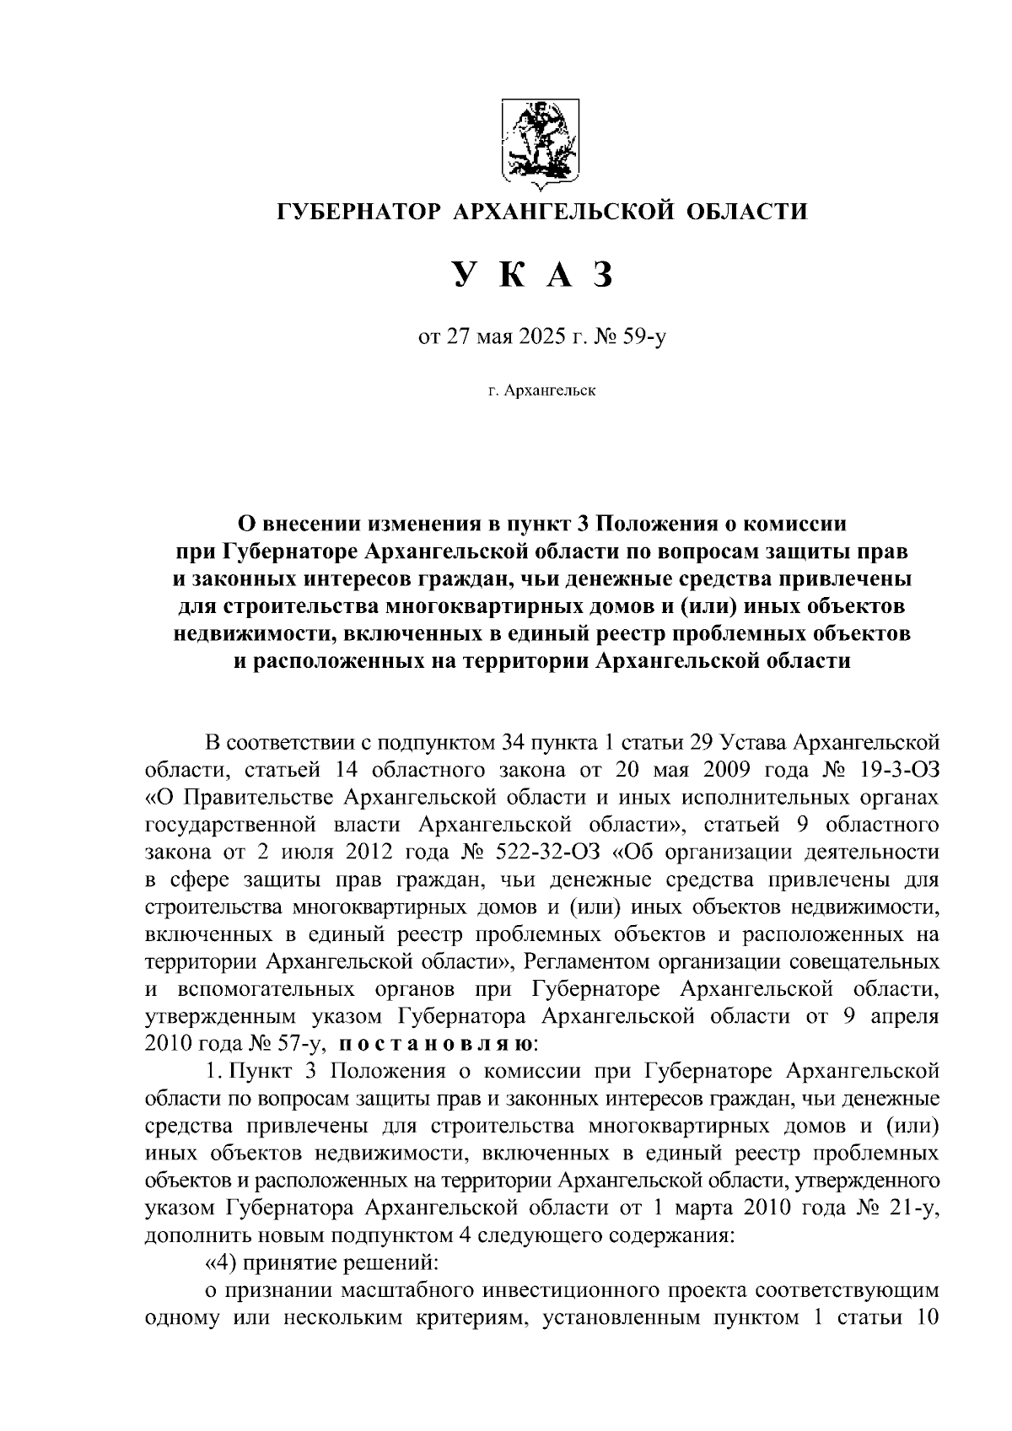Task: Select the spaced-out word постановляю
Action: click(x=435, y=1044)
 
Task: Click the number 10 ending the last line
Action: click(x=923, y=1317)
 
